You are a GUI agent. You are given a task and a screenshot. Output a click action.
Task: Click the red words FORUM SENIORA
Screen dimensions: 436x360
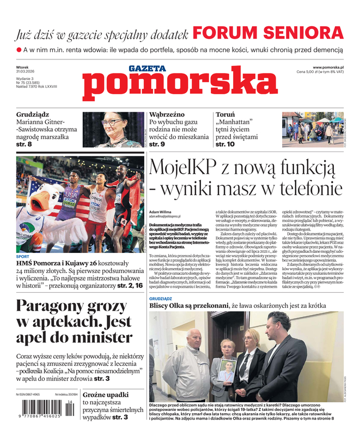click(268, 32)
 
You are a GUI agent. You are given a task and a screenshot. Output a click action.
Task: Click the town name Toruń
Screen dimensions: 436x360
click(225, 116)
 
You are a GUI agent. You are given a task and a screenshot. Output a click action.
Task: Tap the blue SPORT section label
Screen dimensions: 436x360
click(22, 256)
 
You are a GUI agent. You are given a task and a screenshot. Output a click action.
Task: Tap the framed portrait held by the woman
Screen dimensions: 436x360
click(225, 371)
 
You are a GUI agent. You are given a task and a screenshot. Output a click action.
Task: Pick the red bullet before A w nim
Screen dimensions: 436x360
click(19, 50)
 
